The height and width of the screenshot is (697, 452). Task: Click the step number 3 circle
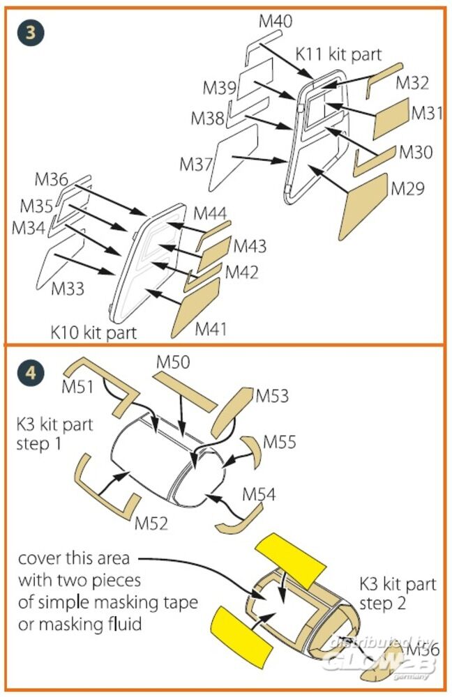pyautogui.click(x=29, y=32)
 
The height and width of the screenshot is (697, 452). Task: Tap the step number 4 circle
pyautogui.click(x=29, y=373)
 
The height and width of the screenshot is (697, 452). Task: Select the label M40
pyautogui.click(x=276, y=22)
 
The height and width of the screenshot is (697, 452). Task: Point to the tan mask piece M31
pyautogui.click(x=391, y=118)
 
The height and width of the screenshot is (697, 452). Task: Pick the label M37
pyautogui.click(x=196, y=164)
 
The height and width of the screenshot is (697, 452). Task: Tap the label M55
pyautogui.click(x=279, y=442)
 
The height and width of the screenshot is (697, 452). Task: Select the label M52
pyautogui.click(x=151, y=523)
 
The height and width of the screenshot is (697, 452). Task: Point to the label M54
pyautogui.click(x=259, y=494)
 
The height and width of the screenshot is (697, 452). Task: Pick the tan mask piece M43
pyautogui.click(x=214, y=253)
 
